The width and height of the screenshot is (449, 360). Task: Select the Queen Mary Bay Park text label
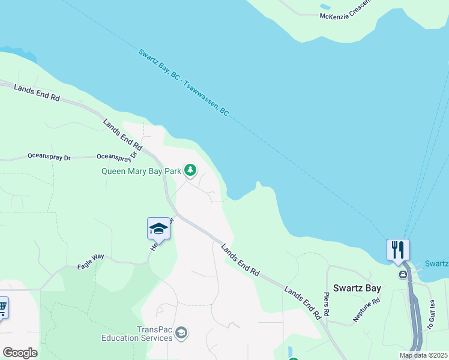pyautogui.click(x=141, y=171)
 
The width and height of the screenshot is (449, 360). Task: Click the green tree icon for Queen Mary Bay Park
pyautogui.click(x=190, y=171)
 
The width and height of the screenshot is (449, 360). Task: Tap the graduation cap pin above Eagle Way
pyautogui.click(x=158, y=229)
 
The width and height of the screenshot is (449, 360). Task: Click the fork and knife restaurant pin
pyautogui.click(x=397, y=250)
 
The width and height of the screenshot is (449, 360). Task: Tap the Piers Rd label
pyautogui.click(x=326, y=305)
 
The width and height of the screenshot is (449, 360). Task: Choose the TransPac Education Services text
pyautogui.click(x=146, y=334)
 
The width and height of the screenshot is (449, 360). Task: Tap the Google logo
pyautogui.click(x=20, y=352)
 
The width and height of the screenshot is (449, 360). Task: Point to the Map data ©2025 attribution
pyautogui.click(x=423, y=355)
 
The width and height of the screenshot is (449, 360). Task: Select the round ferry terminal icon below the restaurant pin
pyautogui.click(x=403, y=275)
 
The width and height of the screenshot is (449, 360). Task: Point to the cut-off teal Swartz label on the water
pyautogui.click(x=436, y=263)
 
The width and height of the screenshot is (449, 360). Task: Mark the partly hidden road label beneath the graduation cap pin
pyautogui.click(x=162, y=234)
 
